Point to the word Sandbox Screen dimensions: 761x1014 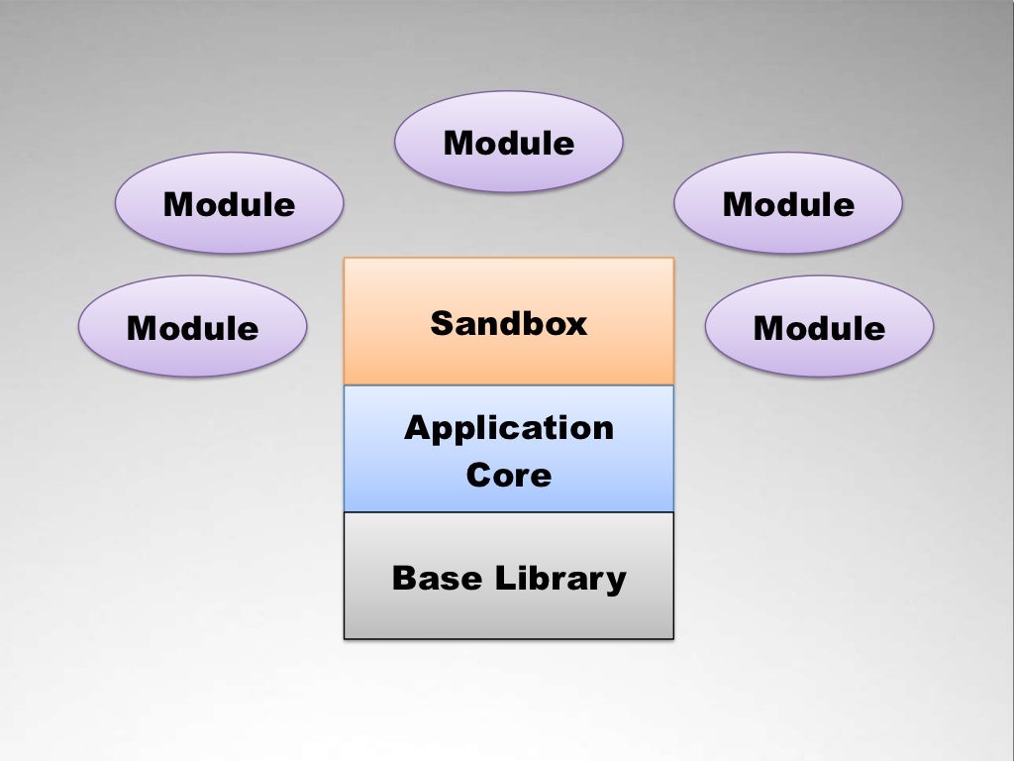click(x=508, y=324)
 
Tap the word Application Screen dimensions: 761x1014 click(x=508, y=429)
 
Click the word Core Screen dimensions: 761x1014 click(x=508, y=475)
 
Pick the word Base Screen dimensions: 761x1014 click(x=432, y=578)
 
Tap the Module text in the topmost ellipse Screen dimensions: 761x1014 click(x=508, y=144)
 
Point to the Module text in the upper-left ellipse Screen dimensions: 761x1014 click(x=229, y=205)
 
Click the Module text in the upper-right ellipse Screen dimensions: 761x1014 click(x=788, y=205)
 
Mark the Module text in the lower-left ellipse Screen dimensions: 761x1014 click(x=192, y=328)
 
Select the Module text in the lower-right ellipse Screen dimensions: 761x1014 click(x=819, y=328)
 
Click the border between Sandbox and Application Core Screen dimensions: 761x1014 click(x=508, y=384)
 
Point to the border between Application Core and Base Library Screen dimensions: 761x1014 click(x=508, y=512)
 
